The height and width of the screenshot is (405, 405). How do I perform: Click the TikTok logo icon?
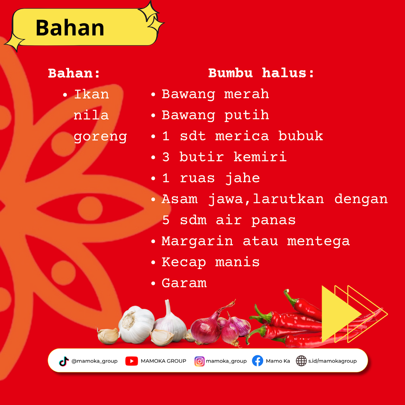tap(64, 361)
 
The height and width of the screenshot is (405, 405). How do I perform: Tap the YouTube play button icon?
tap(132, 361)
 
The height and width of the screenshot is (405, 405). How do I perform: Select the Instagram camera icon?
tap(199, 361)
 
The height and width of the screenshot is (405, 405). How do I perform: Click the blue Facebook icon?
tap(258, 361)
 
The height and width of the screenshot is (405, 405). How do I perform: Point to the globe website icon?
tap(301, 361)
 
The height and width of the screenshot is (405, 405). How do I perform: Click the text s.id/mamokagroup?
tap(332, 361)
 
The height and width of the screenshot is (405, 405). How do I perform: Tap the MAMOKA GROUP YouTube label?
tap(163, 361)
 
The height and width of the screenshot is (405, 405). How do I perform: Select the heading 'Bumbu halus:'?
tap(261, 73)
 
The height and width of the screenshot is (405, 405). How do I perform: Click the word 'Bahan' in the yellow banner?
tap(70, 28)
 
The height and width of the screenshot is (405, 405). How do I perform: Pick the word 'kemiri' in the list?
tap(260, 157)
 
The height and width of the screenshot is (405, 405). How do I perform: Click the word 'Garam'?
tap(184, 283)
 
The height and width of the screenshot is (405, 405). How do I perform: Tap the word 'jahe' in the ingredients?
tap(243, 178)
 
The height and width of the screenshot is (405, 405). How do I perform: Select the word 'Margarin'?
tap(197, 241)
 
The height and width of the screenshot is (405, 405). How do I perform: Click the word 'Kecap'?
tap(184, 263)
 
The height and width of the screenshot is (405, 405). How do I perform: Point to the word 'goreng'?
tap(100, 137)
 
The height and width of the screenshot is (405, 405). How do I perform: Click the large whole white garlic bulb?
tap(136, 324)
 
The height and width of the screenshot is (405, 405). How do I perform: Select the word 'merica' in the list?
tap(242, 136)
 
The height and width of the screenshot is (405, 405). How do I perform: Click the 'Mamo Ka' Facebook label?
tap(278, 361)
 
